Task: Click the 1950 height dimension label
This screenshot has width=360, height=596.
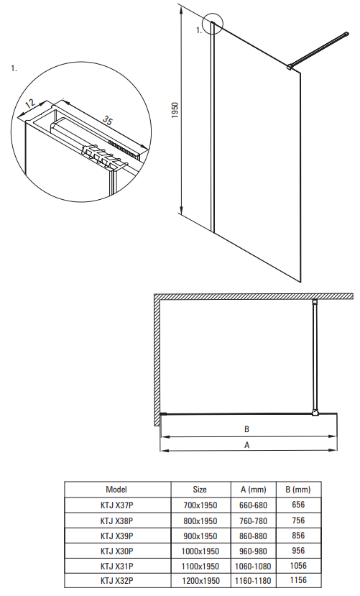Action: tap(175, 110)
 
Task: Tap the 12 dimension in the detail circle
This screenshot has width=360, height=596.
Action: tap(30, 104)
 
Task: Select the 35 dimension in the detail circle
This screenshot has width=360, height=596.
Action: tap(108, 120)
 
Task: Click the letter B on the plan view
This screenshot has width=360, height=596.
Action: tap(247, 429)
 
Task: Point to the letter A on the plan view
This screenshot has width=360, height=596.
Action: tap(247, 445)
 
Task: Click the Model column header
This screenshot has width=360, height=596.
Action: tap(116, 489)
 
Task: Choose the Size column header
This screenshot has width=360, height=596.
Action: tap(200, 489)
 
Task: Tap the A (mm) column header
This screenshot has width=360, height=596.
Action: tap(253, 490)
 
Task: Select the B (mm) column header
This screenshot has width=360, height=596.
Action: tap(298, 490)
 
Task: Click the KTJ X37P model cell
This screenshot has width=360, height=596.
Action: tap(116, 505)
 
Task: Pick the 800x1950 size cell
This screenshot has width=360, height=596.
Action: tap(200, 521)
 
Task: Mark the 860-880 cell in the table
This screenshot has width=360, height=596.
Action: tap(253, 536)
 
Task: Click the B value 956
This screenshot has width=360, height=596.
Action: tap(298, 551)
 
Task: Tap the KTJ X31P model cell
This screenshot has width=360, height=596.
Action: tap(116, 567)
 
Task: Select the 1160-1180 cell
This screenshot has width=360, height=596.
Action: tap(253, 581)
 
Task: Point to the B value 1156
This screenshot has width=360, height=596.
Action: tap(298, 580)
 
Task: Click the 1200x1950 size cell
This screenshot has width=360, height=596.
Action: tap(200, 581)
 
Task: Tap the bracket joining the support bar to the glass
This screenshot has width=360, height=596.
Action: tap(290, 67)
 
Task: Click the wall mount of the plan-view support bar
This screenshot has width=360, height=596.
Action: tap(315, 303)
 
